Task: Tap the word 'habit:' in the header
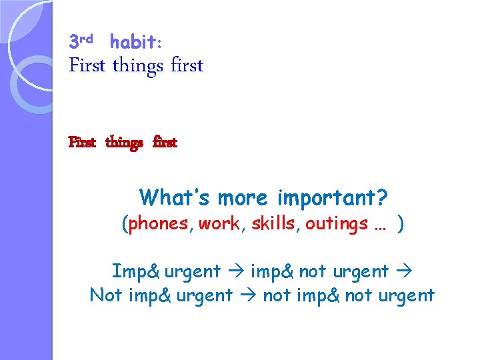[135, 43]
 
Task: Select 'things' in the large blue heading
[138, 66]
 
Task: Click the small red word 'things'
[124, 143]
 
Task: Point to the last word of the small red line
[165, 143]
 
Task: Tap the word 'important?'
[332, 198]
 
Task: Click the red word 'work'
[219, 224]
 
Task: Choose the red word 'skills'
[273, 224]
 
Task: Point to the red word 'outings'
[337, 224]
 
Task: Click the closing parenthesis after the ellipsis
[400, 224]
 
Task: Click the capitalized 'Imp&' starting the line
[135, 271]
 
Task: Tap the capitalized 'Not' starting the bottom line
[105, 295]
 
